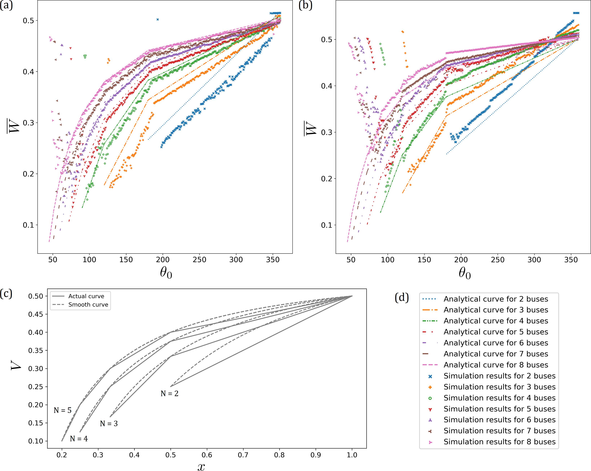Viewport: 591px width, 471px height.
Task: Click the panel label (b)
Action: click(x=305, y=5)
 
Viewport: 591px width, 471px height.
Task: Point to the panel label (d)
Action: click(x=402, y=297)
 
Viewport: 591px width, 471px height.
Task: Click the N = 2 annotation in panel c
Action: click(x=169, y=393)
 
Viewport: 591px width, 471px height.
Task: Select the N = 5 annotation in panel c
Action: click(x=62, y=410)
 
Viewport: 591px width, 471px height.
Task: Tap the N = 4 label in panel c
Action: click(x=79, y=439)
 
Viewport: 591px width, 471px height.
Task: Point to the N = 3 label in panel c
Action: click(x=108, y=424)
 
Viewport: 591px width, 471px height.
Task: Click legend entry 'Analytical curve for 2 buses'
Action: click(x=496, y=299)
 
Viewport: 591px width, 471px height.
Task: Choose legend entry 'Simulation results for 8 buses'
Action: click(x=499, y=442)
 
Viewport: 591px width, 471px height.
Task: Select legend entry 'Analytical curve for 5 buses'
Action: click(x=496, y=332)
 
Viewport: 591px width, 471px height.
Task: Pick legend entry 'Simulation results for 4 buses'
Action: click(x=499, y=398)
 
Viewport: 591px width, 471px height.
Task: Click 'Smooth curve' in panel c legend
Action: click(x=88, y=305)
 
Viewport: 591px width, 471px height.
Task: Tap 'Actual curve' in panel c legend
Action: click(x=86, y=296)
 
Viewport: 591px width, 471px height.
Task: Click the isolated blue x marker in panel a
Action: click(x=158, y=19)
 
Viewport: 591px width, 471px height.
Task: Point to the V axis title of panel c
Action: click(x=16, y=365)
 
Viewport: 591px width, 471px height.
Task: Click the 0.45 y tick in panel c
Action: click(x=36, y=314)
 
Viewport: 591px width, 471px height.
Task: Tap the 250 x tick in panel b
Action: click(x=497, y=260)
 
